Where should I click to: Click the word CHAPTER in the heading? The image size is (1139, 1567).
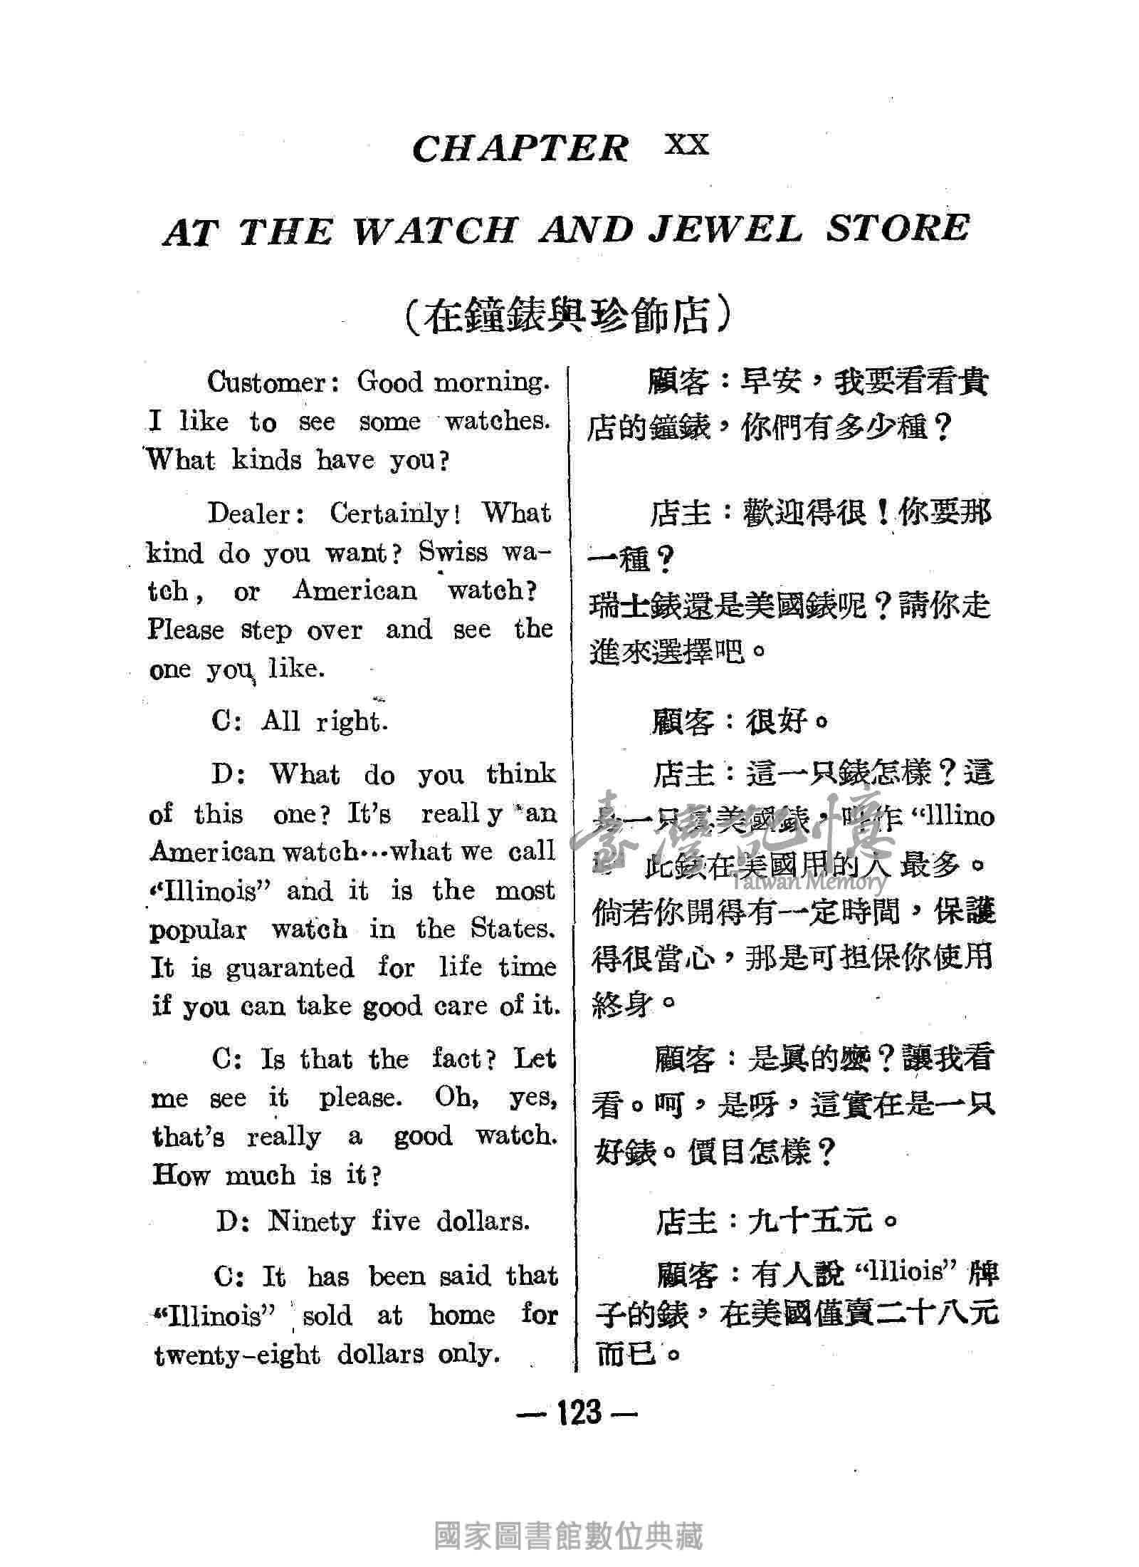point(520,148)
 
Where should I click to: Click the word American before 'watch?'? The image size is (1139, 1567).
point(355,590)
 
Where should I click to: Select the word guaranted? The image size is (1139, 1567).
point(290,968)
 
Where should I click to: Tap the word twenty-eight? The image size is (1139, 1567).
point(237,1355)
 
